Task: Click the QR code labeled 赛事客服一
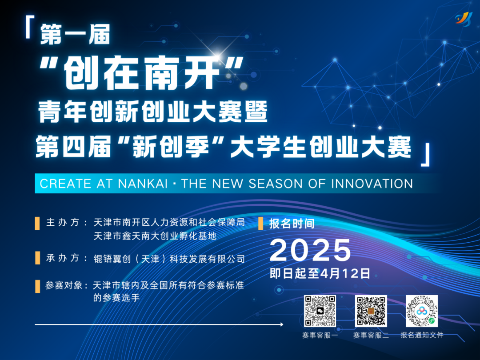[320, 311]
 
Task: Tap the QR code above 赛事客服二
[371, 311]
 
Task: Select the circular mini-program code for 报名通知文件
[422, 311]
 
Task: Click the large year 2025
[310, 250]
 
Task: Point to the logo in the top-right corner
[464, 19]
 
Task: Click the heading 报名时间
[292, 224]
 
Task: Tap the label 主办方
[63, 222]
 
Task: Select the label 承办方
[63, 258]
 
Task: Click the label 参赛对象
[64, 285]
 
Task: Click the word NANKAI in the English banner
[143, 184]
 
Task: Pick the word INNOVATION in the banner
[372, 184]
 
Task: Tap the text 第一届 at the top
[75, 35]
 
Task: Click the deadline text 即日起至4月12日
[320, 273]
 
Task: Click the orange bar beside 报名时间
[261, 224]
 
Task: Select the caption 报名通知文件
[422, 335]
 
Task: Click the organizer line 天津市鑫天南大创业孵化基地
[155, 236]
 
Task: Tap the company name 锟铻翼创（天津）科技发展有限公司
[169, 259]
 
